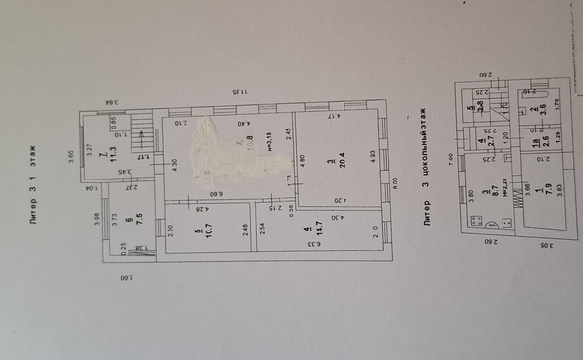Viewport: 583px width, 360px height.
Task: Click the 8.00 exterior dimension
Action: click(396, 180)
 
